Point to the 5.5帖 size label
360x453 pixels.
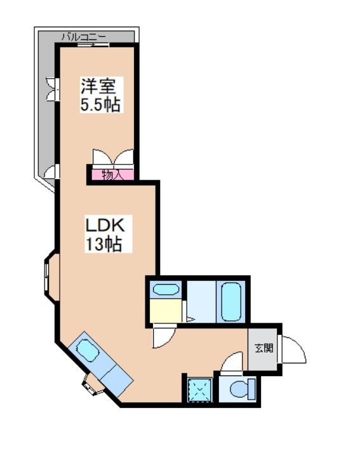(x=100, y=104)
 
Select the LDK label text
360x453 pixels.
(x=108, y=225)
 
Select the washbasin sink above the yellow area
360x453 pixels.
(x=167, y=290)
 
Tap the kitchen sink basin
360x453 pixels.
(x=86, y=350)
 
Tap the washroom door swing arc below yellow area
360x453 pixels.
(x=161, y=337)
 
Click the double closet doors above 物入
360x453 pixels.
(x=112, y=157)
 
